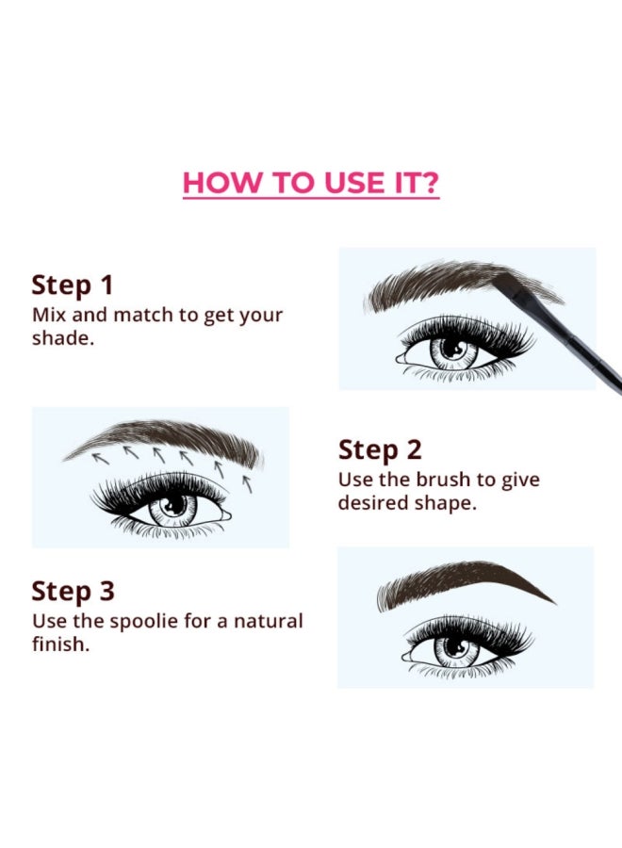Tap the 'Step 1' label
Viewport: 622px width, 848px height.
tap(73, 285)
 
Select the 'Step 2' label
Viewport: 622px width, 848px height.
tap(380, 450)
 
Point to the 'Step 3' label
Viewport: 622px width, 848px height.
tap(73, 591)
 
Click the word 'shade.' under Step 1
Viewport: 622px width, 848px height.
tap(63, 338)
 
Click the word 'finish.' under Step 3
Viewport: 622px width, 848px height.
tap(60, 644)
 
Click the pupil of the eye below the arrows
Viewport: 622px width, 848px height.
tap(174, 506)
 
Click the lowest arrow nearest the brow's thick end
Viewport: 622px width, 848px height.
tap(247, 484)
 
